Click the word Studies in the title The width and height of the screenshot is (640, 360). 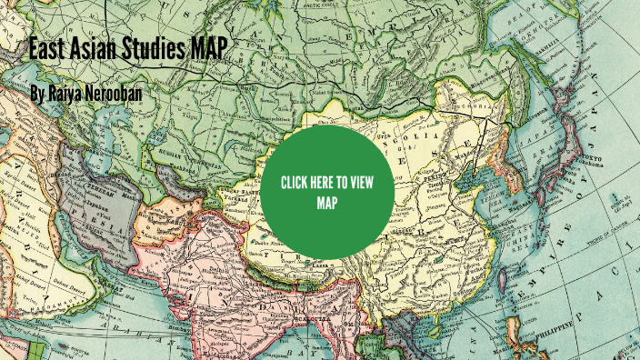tap(144, 49)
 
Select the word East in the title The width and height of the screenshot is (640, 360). tap(46, 49)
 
